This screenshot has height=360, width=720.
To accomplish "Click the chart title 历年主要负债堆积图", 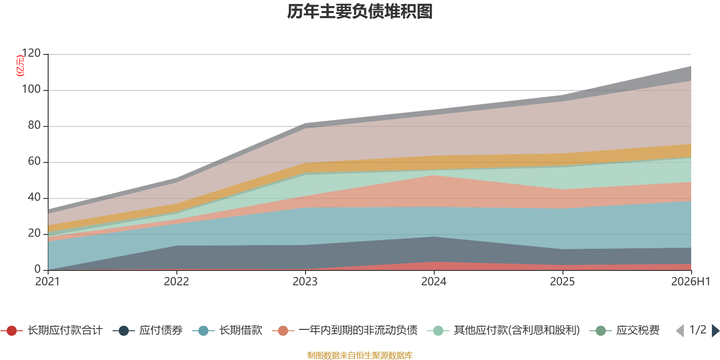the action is click(x=360, y=12).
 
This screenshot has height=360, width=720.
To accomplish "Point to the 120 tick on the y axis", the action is click(x=31, y=53).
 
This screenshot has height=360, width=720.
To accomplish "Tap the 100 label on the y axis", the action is click(x=31, y=89).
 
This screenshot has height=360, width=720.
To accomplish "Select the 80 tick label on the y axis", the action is click(x=34, y=125).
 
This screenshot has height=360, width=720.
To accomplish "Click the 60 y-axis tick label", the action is click(x=34, y=161).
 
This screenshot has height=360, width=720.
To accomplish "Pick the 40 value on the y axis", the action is click(x=34, y=197).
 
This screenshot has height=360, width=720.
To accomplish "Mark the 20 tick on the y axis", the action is click(x=34, y=233).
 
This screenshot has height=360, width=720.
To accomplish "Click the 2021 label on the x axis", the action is click(x=48, y=282).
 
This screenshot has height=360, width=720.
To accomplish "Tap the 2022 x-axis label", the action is click(x=176, y=282).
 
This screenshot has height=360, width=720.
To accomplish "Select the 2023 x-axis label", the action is click(x=305, y=282).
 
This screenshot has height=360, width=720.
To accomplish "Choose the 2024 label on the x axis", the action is click(x=434, y=282).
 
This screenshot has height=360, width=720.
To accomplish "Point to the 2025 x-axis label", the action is click(x=562, y=282).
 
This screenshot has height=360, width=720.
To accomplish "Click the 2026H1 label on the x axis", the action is click(x=690, y=282).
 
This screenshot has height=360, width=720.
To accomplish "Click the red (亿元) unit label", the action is click(x=20, y=66).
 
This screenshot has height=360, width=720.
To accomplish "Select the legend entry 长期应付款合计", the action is click(x=52, y=330).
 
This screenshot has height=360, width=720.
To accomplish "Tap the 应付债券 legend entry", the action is click(x=148, y=330).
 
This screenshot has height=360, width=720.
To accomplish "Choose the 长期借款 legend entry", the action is click(x=228, y=330).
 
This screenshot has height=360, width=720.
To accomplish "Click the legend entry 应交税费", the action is click(x=625, y=330).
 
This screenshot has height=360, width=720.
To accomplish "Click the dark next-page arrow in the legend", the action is click(x=715, y=330).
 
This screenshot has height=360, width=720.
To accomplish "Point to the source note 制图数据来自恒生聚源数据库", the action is click(x=360, y=355).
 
